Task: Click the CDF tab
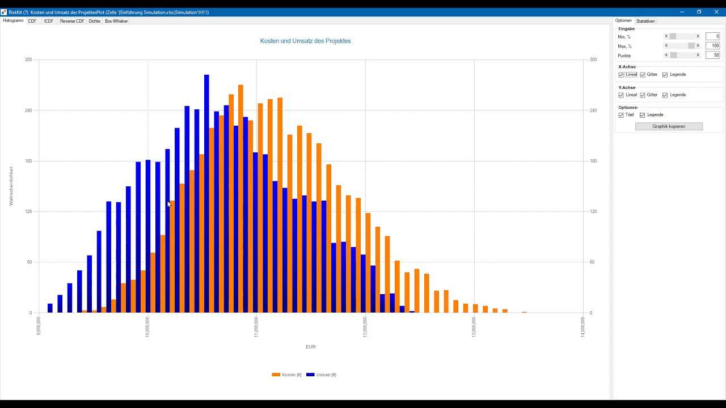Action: (32, 21)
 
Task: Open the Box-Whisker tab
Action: (116, 21)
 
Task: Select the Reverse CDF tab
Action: (72, 21)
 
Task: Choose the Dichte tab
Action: (94, 21)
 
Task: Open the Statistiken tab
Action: (645, 21)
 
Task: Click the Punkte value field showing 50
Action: (712, 55)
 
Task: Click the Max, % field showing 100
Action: (712, 46)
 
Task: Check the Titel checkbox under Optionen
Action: (621, 115)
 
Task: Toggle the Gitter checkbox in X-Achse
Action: (643, 75)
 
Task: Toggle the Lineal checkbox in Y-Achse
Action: (621, 95)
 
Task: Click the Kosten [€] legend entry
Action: (286, 375)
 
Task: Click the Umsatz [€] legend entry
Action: (321, 375)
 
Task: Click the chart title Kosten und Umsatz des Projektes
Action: (305, 41)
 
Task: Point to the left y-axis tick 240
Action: (28, 110)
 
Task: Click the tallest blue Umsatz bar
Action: (206, 194)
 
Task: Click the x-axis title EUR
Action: (310, 347)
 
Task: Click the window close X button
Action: (716, 12)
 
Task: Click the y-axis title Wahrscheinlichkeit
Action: (11, 186)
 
